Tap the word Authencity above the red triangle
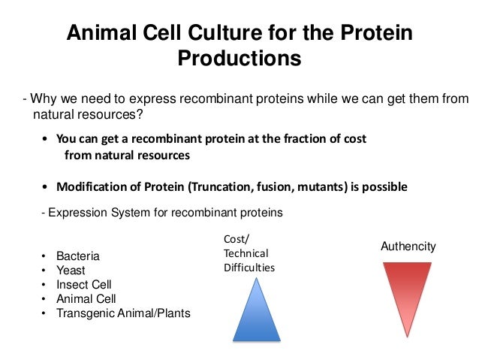tap(408, 247)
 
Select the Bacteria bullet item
tap(77, 256)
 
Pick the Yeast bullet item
tap(71, 271)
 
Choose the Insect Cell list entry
tap(83, 285)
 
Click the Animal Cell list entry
tap(86, 299)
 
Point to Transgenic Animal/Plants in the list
tap(123, 313)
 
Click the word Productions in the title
tap(239, 59)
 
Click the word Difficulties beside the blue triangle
tap(249, 268)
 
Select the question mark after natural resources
tap(140, 114)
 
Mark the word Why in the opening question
tap(42, 99)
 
